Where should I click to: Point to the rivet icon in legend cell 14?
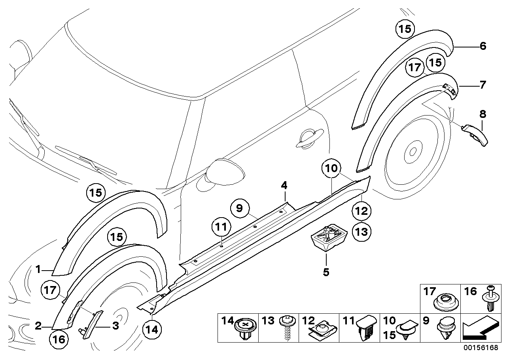click(244, 329)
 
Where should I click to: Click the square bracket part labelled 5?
click(328, 236)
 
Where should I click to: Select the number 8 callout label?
click(483, 114)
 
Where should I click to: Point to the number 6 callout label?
click(483, 46)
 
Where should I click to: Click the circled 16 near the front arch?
click(59, 339)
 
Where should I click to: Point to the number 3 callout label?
click(115, 326)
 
